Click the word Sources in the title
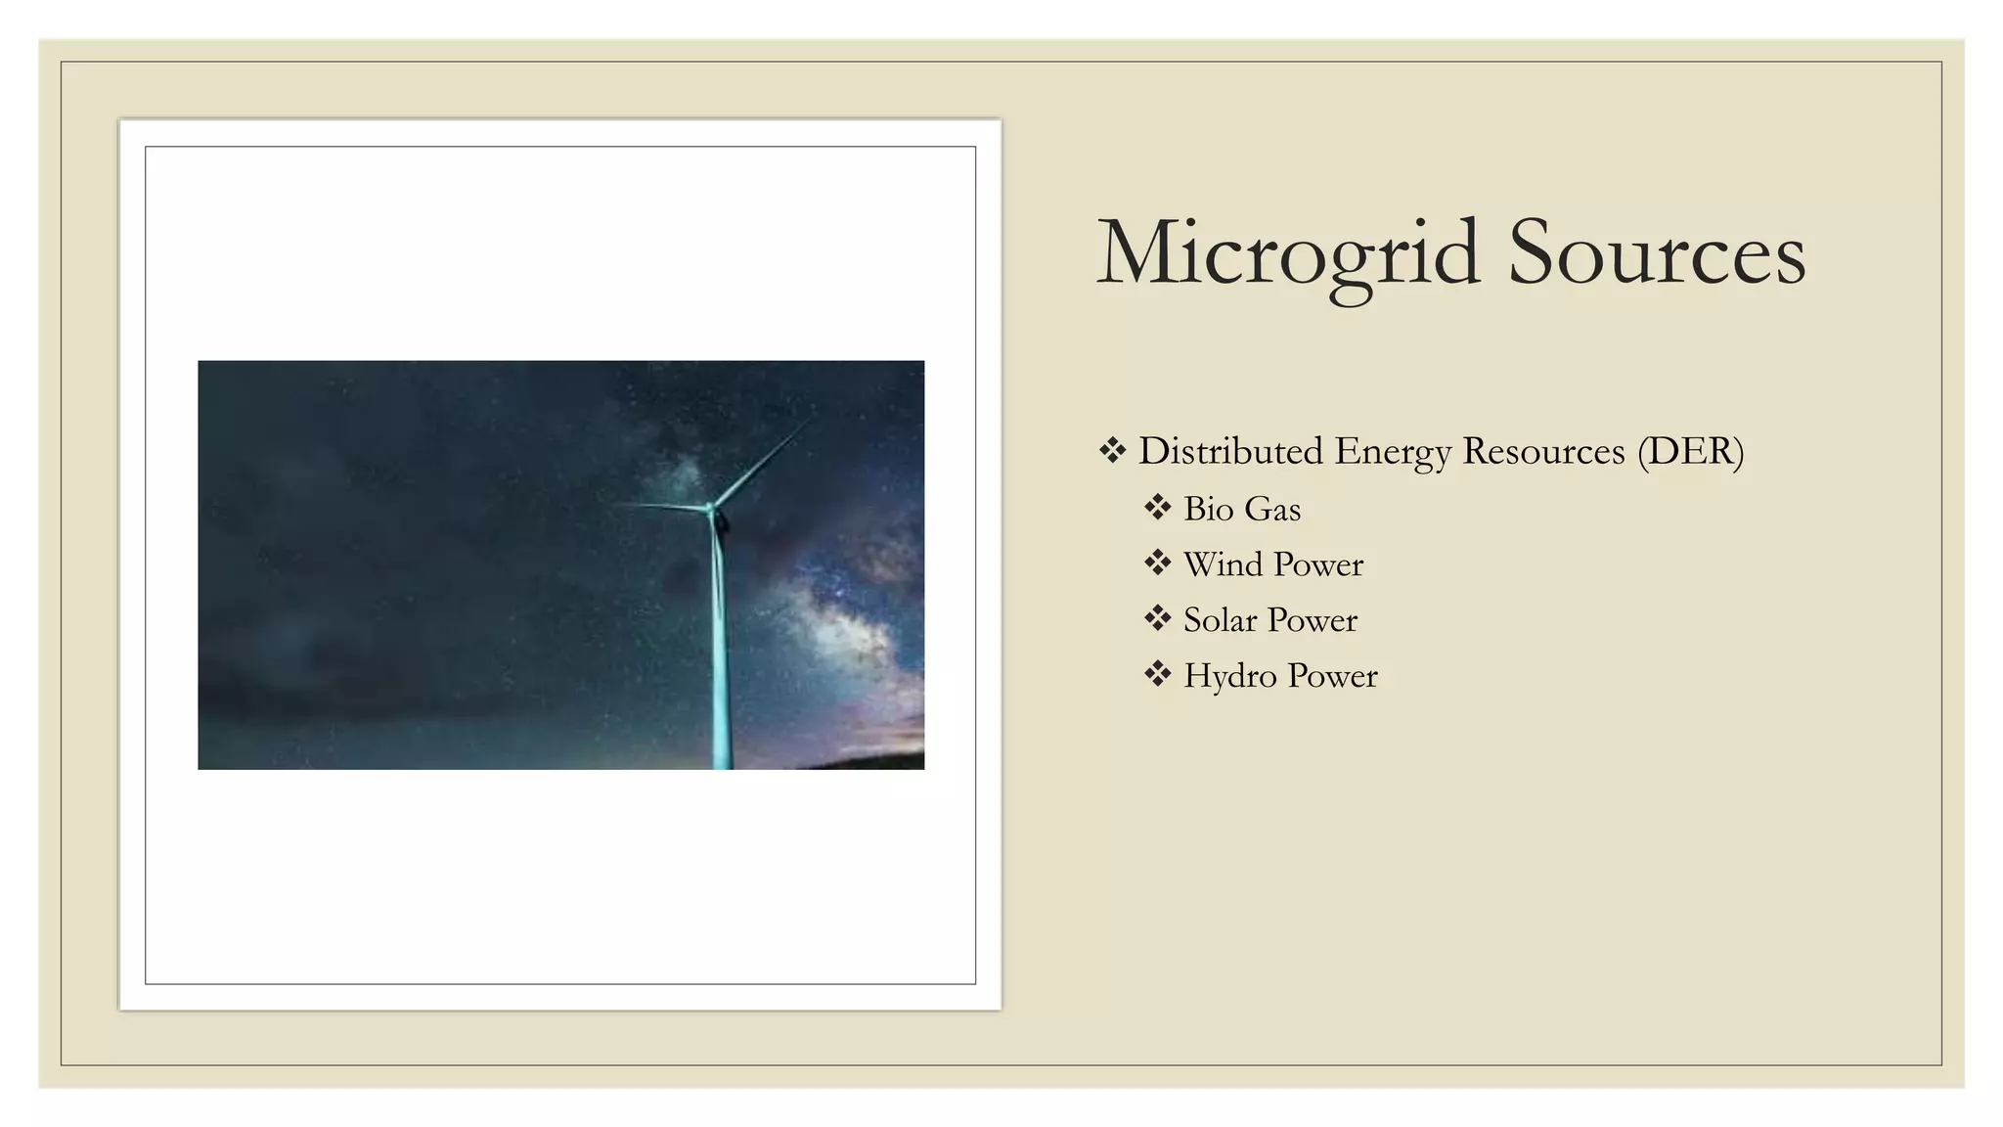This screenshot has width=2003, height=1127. [1657, 254]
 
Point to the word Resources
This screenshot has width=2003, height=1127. [1543, 451]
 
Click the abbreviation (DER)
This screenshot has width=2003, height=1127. [1691, 452]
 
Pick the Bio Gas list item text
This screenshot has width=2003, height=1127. [1242, 509]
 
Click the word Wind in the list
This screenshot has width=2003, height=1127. [1223, 564]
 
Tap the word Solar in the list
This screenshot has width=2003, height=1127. [1220, 620]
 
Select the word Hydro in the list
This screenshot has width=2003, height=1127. [1229, 676]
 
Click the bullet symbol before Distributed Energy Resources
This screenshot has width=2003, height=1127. [1112, 450]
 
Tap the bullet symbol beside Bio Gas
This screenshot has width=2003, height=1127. [1158, 507]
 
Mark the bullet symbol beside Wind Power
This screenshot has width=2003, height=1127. [1158, 563]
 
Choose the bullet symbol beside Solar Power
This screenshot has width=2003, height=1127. [1158, 618]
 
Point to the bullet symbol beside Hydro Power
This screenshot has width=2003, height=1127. [1158, 674]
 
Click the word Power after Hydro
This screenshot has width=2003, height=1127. [1332, 676]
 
